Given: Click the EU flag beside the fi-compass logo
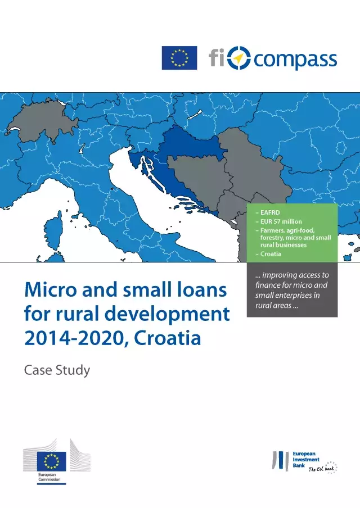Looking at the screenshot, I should (179, 58).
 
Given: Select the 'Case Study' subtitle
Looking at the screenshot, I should (57, 370).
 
